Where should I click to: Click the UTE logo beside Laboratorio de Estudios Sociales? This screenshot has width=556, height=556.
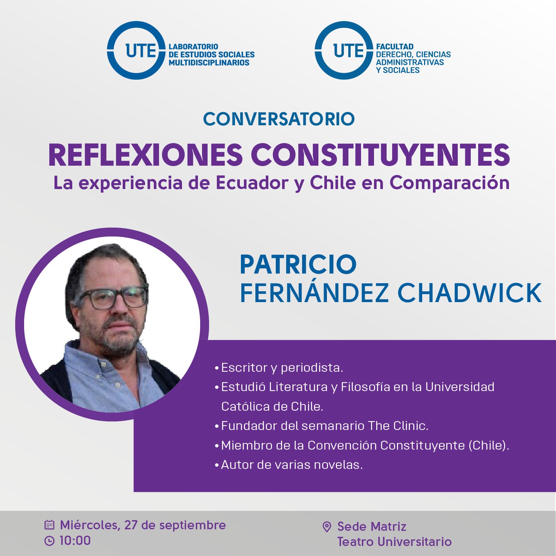[136, 50]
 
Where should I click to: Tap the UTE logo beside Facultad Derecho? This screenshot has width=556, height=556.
[344, 50]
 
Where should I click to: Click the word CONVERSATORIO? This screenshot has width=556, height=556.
[279, 119]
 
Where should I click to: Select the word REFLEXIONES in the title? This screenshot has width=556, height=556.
[145, 155]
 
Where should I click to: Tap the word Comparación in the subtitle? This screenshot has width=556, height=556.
[449, 183]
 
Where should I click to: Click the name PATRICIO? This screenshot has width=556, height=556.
[298, 264]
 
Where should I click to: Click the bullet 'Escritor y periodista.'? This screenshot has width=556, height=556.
[279, 368]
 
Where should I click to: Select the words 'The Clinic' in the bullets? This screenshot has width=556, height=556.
[398, 426]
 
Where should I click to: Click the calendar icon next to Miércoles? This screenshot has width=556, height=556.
[49, 525]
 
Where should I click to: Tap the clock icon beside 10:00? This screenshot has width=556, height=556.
[49, 541]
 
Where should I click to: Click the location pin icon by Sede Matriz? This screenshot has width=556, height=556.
[327, 527]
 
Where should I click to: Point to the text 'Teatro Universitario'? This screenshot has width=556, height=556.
[394, 542]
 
